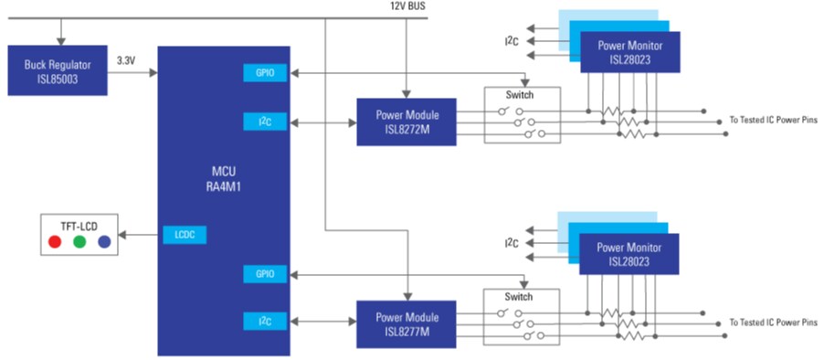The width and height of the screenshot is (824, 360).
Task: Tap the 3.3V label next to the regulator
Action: (x=127, y=60)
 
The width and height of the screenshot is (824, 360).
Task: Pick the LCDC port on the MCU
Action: (x=185, y=235)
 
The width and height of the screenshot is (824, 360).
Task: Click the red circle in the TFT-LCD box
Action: (x=55, y=242)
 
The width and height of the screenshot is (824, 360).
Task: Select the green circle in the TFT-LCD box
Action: (x=79, y=242)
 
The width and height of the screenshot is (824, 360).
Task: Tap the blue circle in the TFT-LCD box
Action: (x=104, y=242)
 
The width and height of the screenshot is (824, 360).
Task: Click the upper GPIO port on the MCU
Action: (x=266, y=73)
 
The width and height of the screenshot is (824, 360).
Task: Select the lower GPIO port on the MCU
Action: (x=266, y=273)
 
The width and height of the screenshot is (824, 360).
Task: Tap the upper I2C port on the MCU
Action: (x=266, y=121)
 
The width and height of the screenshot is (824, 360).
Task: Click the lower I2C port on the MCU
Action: (x=266, y=321)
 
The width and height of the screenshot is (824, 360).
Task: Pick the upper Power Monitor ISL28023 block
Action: (x=630, y=52)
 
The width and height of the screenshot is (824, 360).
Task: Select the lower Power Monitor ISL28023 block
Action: (x=630, y=254)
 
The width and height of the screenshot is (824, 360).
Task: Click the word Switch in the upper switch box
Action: (x=519, y=95)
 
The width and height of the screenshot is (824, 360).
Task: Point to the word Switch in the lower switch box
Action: (x=519, y=297)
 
